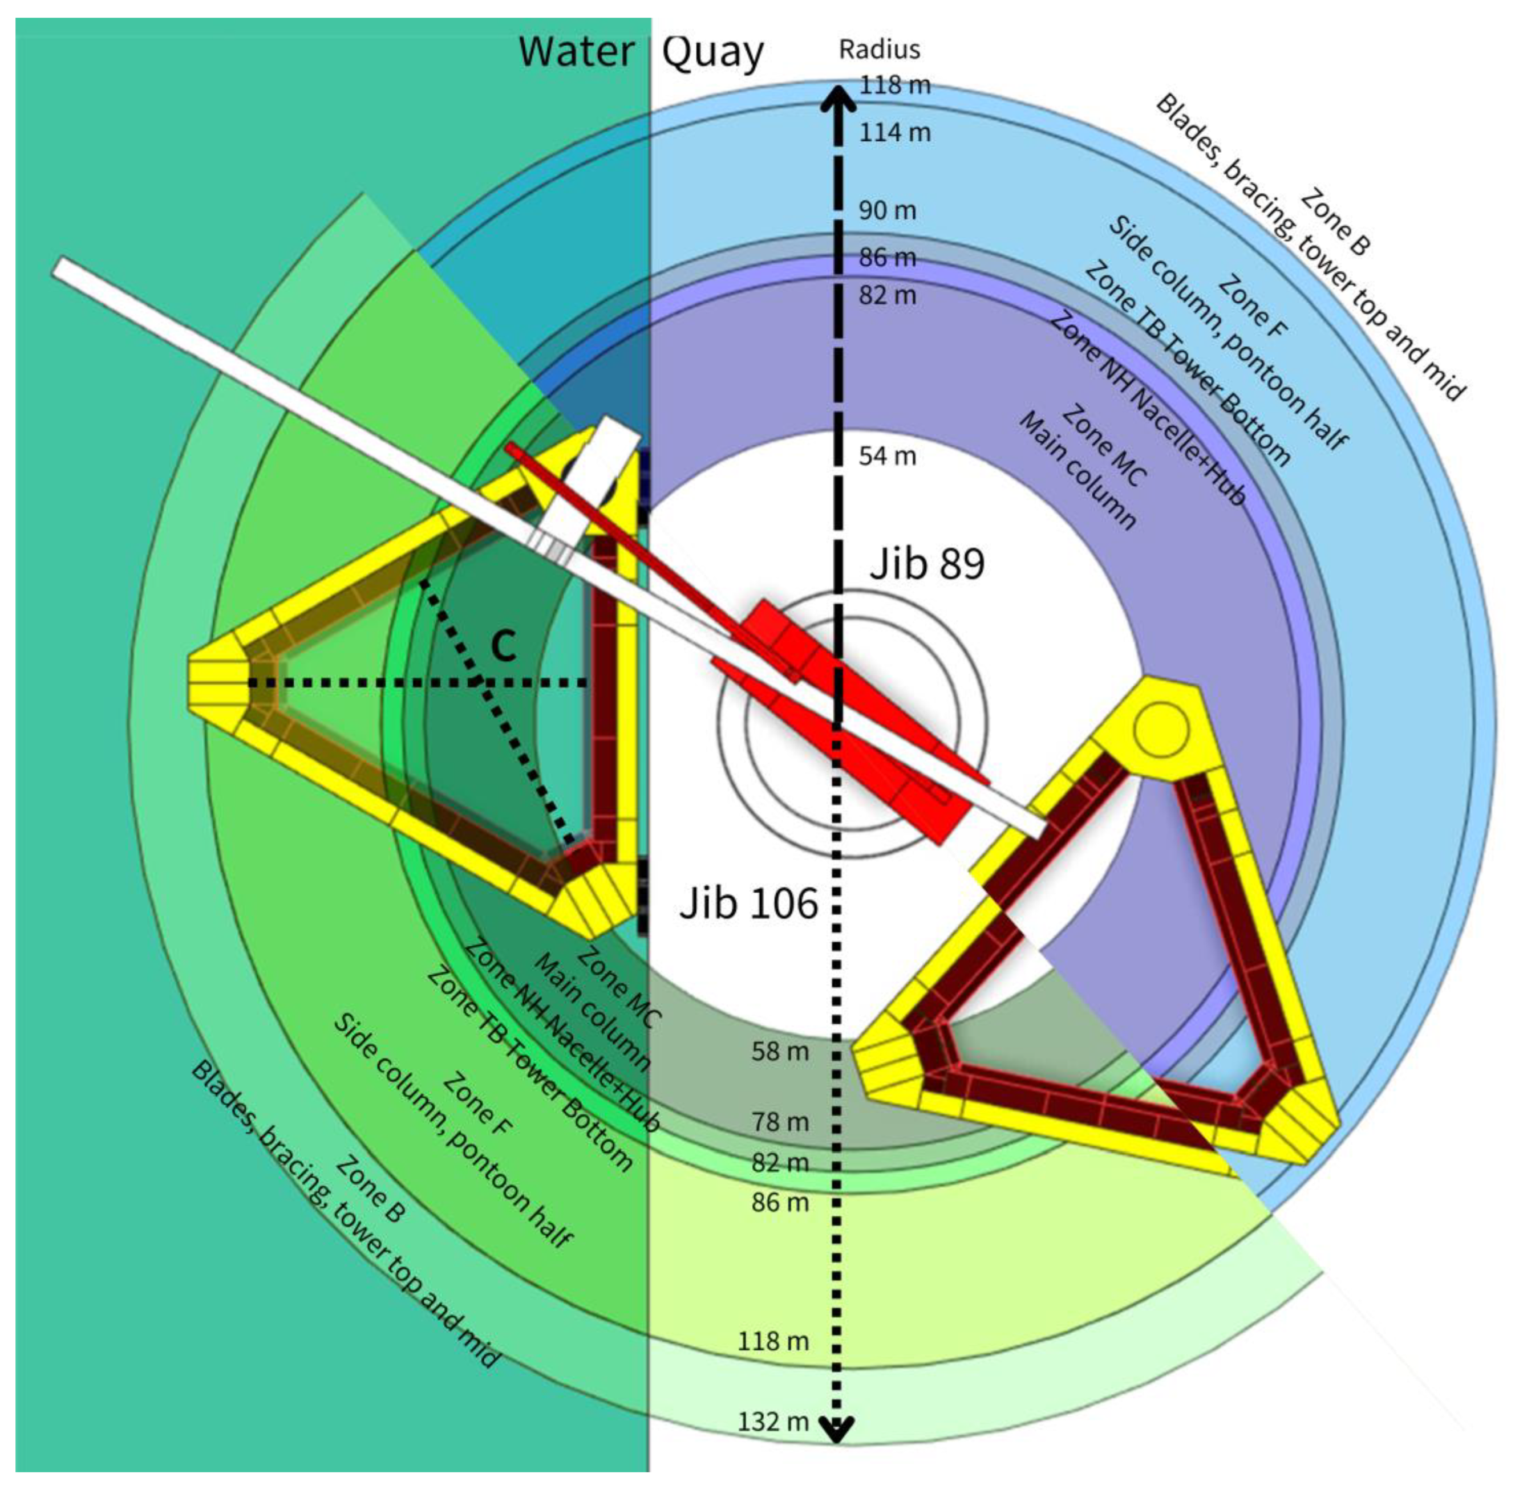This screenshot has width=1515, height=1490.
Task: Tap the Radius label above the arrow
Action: coord(879,49)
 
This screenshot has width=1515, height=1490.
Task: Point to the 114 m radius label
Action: coord(895,132)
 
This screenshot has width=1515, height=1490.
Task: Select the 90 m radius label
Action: coord(887,210)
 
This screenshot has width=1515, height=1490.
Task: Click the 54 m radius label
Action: coord(887,455)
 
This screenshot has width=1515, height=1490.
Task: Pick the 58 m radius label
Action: coord(780,1051)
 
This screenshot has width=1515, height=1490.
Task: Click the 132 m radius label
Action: coord(773,1421)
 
